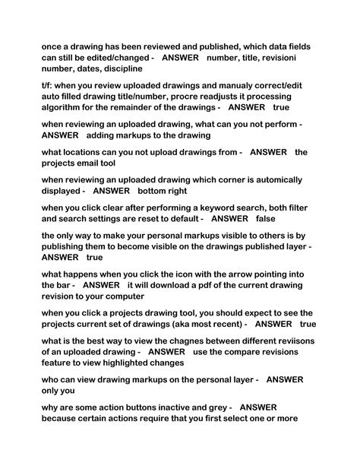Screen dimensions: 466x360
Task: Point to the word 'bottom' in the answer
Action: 153,191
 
